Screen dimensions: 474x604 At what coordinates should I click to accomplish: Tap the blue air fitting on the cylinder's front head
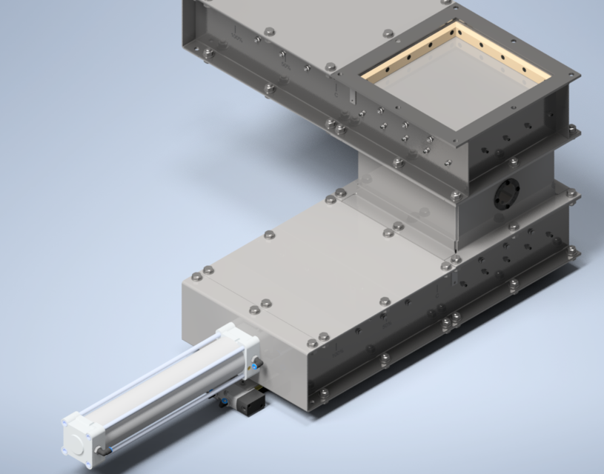(256, 364)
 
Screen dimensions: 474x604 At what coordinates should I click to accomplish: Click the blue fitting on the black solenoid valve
(222, 403)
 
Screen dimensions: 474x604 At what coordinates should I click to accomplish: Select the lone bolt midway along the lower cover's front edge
(385, 301)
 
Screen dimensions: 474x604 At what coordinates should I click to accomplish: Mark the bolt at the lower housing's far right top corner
(571, 194)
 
